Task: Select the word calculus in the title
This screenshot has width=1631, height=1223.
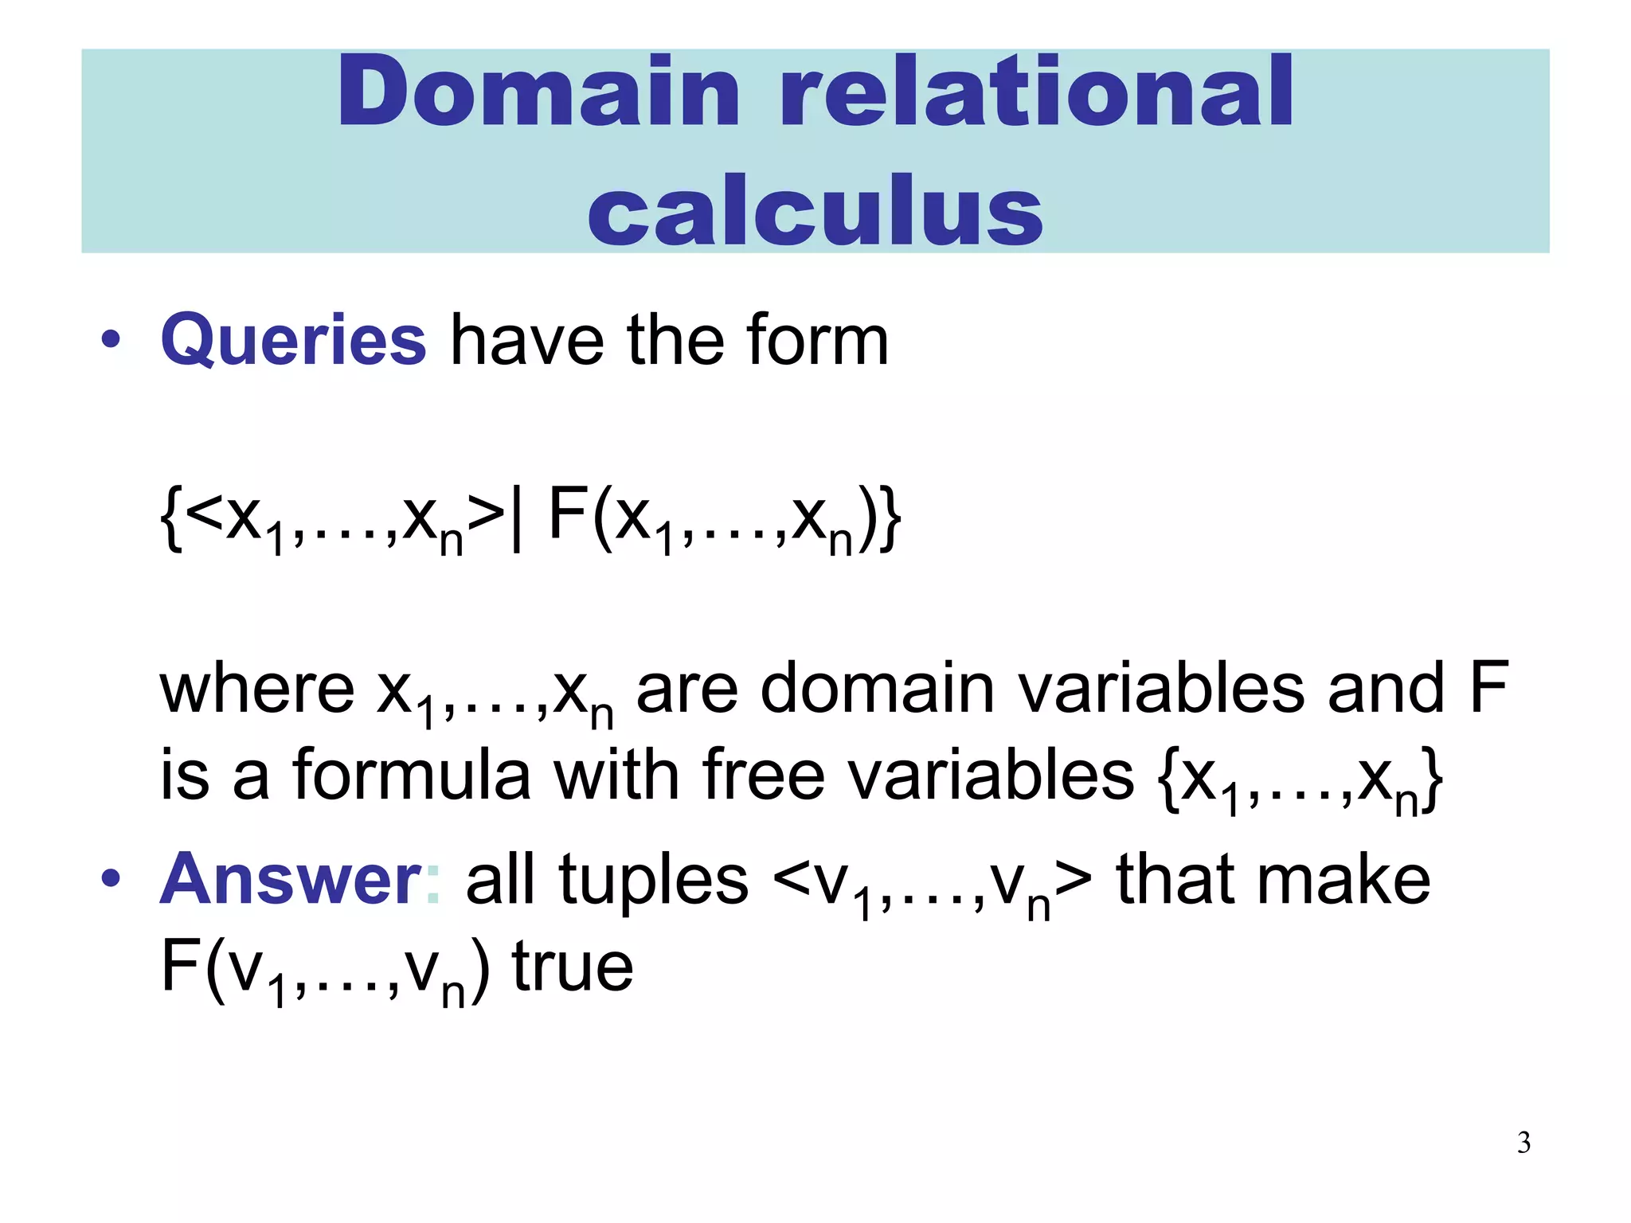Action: pyautogui.click(x=815, y=211)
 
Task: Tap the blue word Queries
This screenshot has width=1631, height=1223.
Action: pyautogui.click(x=294, y=341)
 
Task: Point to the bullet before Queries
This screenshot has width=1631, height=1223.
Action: pyautogui.click(x=111, y=341)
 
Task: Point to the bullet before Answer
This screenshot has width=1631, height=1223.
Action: pyautogui.click(x=111, y=879)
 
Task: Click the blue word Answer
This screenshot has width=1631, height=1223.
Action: pyautogui.click(x=291, y=879)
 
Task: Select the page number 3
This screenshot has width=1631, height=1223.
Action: pyautogui.click(x=1523, y=1143)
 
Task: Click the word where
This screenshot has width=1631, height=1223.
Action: pyautogui.click(x=257, y=689)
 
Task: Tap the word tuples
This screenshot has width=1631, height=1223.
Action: pyautogui.click(x=653, y=879)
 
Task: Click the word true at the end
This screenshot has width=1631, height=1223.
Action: pyautogui.click(x=573, y=967)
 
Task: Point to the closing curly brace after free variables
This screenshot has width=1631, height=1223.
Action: pyautogui.click(x=1433, y=780)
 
